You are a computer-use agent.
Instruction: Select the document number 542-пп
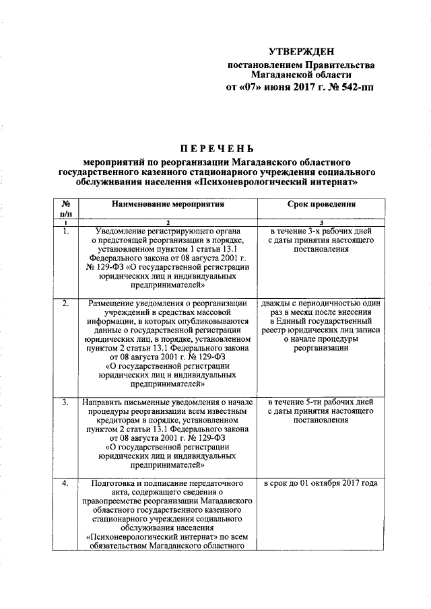pos(354,87)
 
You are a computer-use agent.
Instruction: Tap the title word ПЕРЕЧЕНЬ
pos(216,148)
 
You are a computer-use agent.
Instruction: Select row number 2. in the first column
pos(66,303)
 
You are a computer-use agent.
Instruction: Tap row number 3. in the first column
pos(66,403)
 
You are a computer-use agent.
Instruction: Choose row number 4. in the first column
pos(66,483)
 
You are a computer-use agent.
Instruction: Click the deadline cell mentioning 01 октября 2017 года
pos(321,483)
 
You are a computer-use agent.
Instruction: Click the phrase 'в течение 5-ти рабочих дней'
pos(321,403)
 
